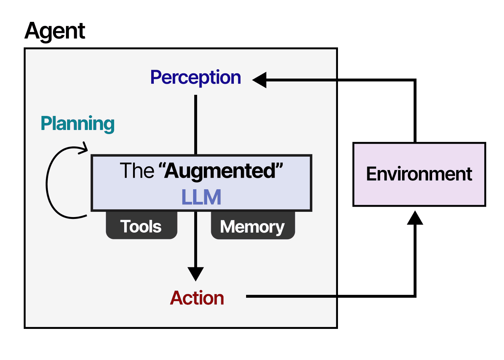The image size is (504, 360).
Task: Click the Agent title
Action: point(55,31)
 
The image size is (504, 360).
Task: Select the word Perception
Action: point(195,78)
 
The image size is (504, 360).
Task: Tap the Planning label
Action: point(77,123)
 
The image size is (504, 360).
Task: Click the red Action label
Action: point(197,298)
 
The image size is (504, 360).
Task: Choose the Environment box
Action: point(419,174)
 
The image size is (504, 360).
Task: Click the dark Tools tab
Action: point(141,226)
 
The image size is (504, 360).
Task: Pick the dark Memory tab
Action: point(252,226)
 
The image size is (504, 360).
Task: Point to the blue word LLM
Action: point(201,197)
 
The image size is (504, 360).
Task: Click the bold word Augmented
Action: point(220,171)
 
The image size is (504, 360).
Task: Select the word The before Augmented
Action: point(137,171)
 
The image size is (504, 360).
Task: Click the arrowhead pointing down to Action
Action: point(196,273)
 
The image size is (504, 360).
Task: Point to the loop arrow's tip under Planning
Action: point(85,149)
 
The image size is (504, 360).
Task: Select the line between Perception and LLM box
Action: point(196,124)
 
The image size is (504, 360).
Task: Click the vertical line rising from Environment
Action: point(415,111)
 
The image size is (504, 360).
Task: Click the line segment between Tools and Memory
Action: point(196,226)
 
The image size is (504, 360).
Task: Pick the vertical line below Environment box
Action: point(415,259)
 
